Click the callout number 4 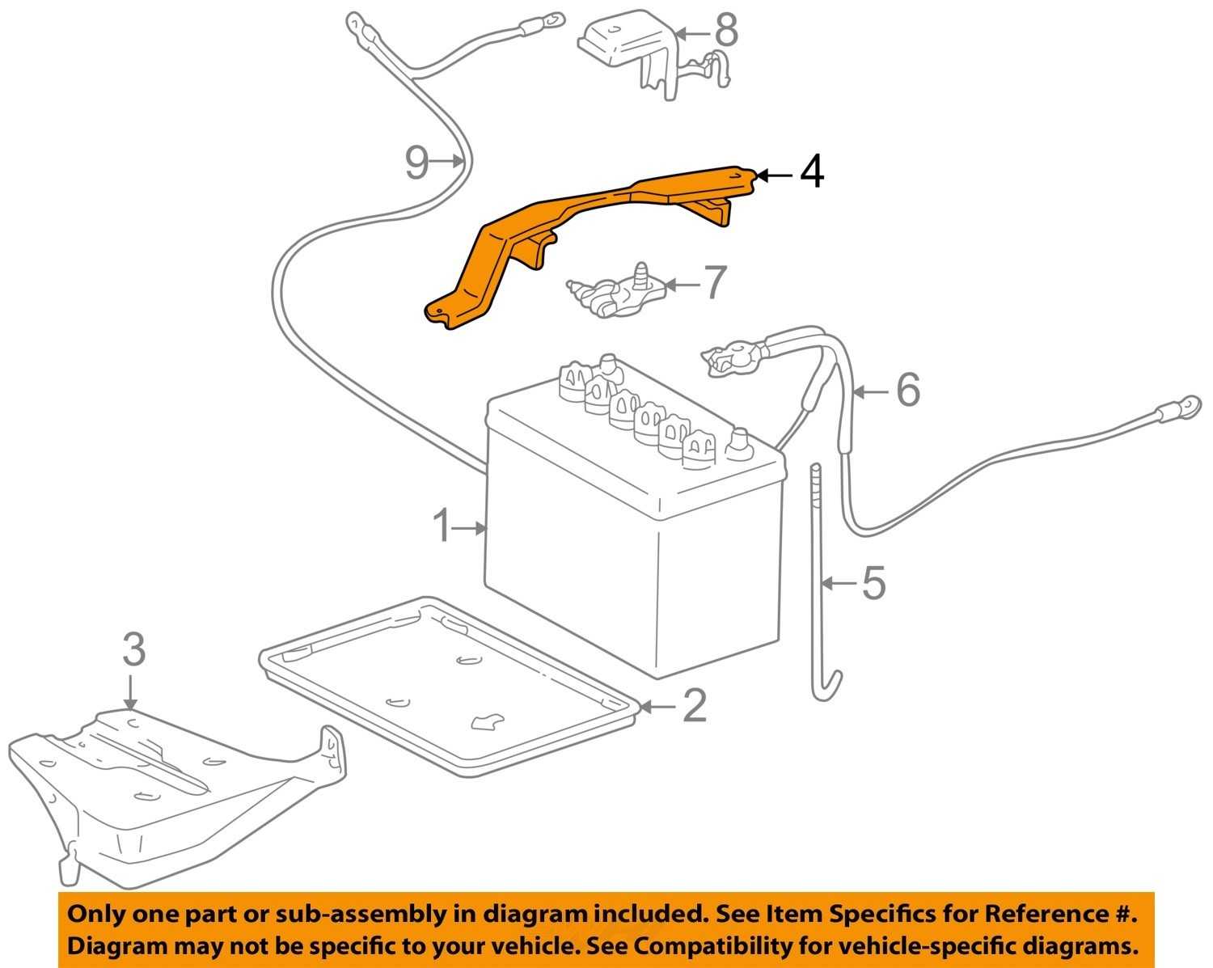point(811,172)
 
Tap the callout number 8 point(726,32)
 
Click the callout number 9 point(416,163)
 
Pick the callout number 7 point(713,283)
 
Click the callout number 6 point(907,391)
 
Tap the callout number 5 point(873,582)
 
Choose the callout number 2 point(694,706)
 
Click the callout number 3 point(133,650)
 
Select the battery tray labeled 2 point(445,687)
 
